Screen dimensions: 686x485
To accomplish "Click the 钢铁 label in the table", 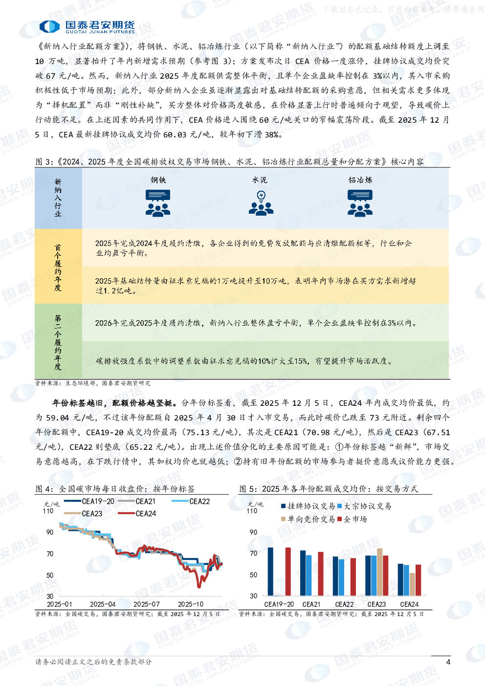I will coord(158,180).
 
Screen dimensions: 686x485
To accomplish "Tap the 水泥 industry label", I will coord(260,180).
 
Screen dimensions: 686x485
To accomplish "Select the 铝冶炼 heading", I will coord(360,180).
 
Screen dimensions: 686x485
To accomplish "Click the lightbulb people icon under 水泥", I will coord(261,203).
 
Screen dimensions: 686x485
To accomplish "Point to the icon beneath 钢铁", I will coord(158,203).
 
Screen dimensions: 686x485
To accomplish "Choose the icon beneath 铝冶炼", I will coord(360,203).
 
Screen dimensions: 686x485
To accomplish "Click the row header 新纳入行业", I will coord(58,198).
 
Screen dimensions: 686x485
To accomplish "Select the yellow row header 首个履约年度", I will coord(58,267).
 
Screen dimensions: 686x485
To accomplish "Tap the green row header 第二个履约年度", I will coord(58,342).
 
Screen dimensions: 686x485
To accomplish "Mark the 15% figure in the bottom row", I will coord(301,361).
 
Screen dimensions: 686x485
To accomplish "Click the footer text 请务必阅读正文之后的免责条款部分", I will coord(93,662).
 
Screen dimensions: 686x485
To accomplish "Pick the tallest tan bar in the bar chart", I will coord(380,572).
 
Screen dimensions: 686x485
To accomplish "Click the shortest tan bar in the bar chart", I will coord(412,584).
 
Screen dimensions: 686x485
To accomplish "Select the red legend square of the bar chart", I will coord(339,518).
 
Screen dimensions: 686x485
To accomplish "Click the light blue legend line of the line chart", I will coord(180,501).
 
